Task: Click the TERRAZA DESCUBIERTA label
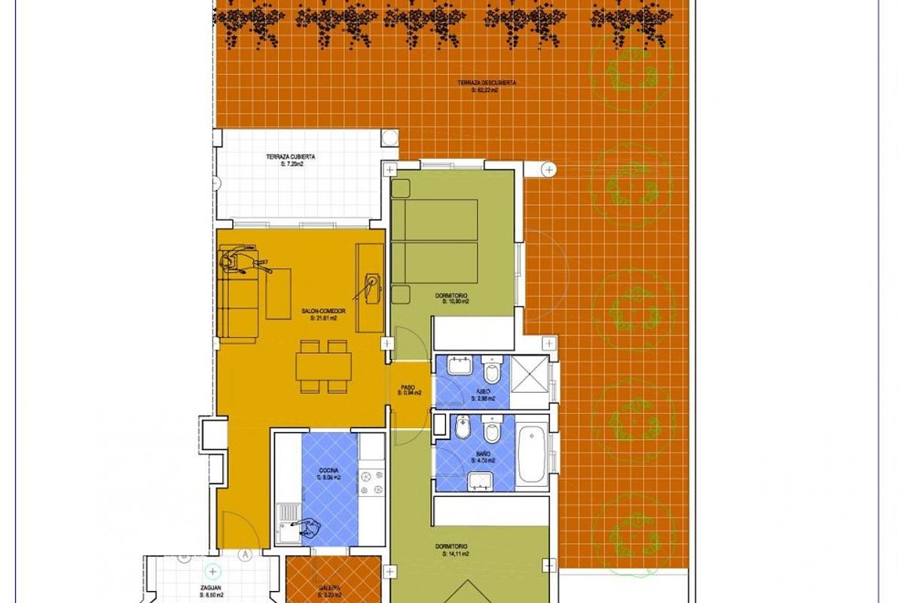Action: point(487,83)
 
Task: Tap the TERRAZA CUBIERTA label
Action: point(290,158)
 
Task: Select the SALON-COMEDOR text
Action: point(323,311)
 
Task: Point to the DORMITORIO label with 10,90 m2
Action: point(452,295)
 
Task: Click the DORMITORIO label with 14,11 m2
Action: point(451,546)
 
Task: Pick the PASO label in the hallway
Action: point(408,387)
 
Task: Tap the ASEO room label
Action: point(484,392)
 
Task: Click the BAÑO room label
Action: point(484,455)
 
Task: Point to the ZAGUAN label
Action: point(212,588)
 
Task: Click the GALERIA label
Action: point(328,589)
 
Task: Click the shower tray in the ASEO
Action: point(530,373)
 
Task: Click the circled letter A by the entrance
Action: point(244,555)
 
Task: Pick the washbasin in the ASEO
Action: point(458,367)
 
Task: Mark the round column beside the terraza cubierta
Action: point(389,138)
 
